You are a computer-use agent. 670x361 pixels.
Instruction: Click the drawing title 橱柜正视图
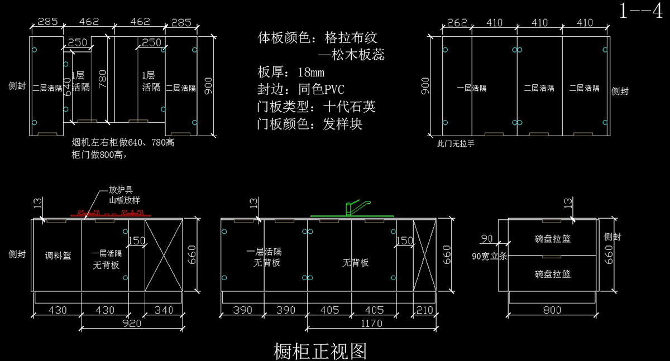point(320,351)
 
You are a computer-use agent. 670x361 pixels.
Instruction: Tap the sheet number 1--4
point(640,11)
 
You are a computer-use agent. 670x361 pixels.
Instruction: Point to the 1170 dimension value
point(371,323)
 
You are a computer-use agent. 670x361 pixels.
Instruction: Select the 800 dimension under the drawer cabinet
point(552,310)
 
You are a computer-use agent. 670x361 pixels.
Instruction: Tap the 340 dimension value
point(164,310)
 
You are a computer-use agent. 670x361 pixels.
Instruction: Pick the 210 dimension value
point(424,310)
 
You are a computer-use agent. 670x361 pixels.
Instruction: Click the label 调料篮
point(58,256)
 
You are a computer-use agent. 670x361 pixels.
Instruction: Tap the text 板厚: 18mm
point(291,73)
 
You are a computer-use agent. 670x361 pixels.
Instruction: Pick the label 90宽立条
point(489,257)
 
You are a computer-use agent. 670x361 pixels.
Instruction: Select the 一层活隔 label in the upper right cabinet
point(472,88)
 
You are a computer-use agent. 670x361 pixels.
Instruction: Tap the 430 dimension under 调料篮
point(58,310)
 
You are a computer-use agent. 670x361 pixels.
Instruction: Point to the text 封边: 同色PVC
point(301,90)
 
